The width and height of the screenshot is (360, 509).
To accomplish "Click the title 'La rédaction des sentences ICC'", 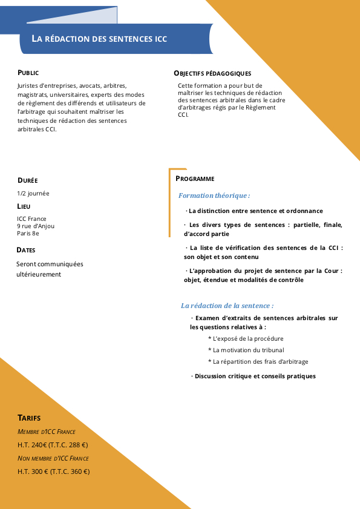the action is coord(99,39).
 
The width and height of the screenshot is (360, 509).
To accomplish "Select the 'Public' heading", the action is coord(28,73).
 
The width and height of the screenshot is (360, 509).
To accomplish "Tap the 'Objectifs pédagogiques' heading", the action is coord(212,73).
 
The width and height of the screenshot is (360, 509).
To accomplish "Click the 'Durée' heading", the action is coord(28,180).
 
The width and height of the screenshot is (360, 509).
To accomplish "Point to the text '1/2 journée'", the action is coord(33,194).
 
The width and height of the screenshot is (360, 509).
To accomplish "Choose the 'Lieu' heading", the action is coord(24,206).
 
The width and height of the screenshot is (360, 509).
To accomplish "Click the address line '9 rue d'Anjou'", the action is coord(36,226).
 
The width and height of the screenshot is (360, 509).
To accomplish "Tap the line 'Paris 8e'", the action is coord(28,233).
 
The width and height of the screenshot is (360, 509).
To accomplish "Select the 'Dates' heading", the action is coord(26,250).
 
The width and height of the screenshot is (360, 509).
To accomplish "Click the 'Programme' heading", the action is coord(195,179).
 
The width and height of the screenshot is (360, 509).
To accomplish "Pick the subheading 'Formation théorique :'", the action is coord(214,195).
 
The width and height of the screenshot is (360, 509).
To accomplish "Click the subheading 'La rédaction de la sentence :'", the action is coord(227,306).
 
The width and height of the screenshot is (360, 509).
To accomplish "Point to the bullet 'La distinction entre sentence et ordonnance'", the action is coord(255,211).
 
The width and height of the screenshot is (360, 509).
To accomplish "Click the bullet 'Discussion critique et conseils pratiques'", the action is coord(255,376).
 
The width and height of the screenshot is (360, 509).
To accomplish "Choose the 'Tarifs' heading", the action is coord(29,418).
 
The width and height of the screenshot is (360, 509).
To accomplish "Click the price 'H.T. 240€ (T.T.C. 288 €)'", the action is coord(53,445).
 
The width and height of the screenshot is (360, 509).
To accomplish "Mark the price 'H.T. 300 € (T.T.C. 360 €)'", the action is coord(54,471).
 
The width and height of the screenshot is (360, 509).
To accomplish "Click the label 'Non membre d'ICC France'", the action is coord(53,458).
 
